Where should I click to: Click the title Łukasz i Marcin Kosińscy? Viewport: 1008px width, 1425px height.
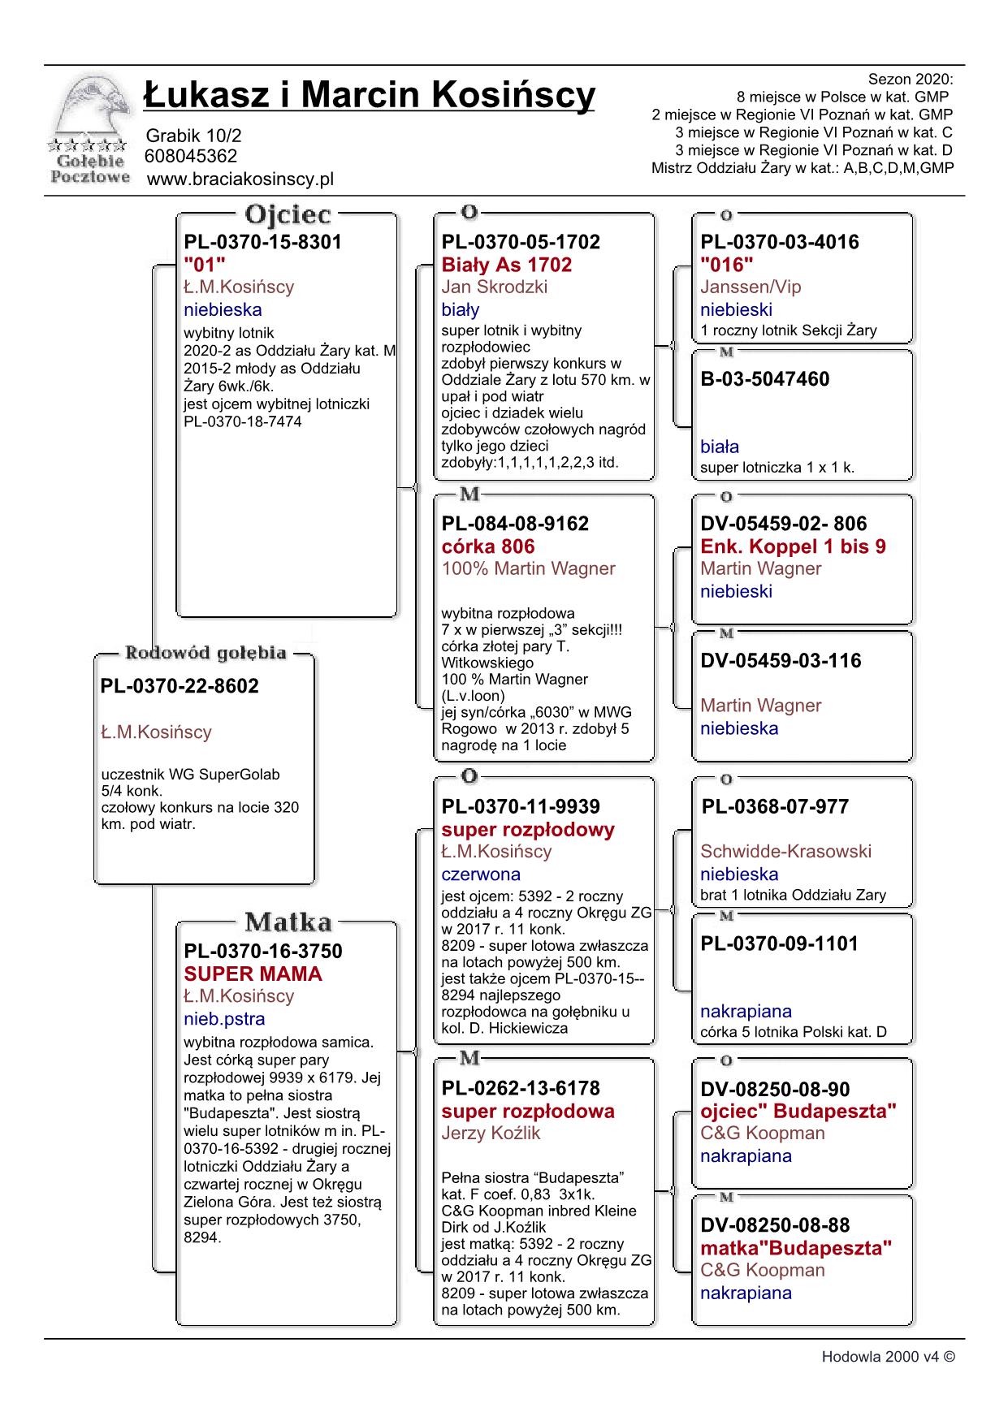click(370, 95)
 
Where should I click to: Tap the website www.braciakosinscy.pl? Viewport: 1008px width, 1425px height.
click(240, 179)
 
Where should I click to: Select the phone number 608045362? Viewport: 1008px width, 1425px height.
click(191, 156)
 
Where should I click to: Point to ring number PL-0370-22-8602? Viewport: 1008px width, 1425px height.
click(180, 686)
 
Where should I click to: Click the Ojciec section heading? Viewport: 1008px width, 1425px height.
click(288, 215)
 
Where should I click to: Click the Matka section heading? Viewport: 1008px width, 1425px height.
click(288, 922)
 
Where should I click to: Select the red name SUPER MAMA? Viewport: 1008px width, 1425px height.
click(253, 974)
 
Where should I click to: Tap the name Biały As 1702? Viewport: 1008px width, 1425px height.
click(507, 265)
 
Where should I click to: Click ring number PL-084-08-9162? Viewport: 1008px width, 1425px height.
click(515, 524)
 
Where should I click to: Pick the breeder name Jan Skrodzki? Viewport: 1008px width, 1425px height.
click(495, 287)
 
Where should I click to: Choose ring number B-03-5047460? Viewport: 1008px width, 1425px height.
click(765, 379)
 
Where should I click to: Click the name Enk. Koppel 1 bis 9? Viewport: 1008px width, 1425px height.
click(793, 546)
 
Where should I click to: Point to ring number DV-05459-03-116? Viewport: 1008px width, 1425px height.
click(781, 661)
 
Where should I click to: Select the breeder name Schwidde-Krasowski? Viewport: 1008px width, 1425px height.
click(785, 851)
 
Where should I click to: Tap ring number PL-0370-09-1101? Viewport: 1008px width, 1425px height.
click(779, 944)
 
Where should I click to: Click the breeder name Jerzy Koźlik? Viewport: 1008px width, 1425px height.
click(491, 1134)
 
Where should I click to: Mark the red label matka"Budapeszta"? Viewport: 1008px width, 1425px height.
click(796, 1248)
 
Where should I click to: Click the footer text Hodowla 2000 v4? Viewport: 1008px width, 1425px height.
click(888, 1357)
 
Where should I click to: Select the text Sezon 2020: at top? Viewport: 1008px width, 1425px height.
click(911, 80)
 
